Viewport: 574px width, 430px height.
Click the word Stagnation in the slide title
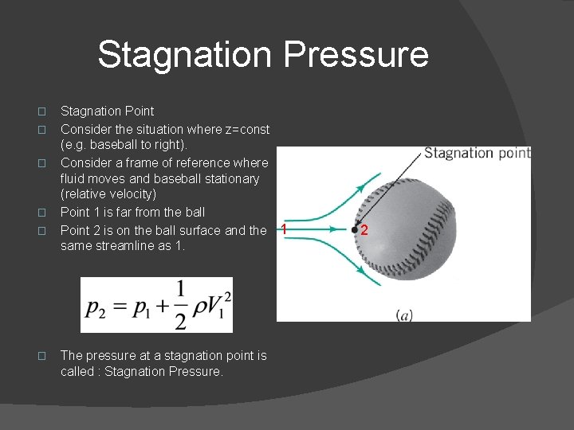tap(183, 56)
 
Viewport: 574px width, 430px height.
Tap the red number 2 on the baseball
tap(364, 231)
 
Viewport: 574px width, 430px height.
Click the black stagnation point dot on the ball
tap(355, 229)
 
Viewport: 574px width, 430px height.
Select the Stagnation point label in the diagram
tap(477, 153)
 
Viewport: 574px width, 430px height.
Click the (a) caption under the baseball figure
tap(404, 316)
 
